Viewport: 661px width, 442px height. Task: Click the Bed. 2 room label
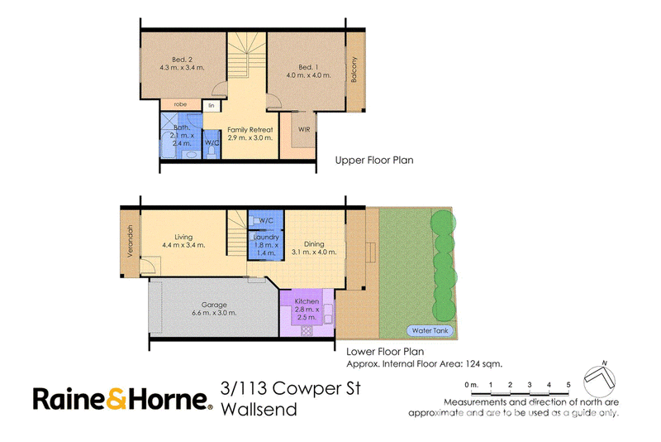182,60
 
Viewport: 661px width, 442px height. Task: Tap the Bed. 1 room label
308,67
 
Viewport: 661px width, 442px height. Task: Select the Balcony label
354,70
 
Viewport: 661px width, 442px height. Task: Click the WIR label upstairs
304,129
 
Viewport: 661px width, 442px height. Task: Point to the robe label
180,104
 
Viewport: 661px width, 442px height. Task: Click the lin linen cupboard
212,106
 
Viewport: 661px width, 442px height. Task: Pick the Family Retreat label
250,130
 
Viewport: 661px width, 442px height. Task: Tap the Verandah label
131,241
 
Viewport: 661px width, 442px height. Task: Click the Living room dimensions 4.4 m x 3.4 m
183,245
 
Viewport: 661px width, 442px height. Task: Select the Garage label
214,305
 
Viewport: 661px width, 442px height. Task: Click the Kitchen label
307,301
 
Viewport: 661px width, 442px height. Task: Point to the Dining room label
314,244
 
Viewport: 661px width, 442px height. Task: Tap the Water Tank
430,330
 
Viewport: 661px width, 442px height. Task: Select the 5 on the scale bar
568,385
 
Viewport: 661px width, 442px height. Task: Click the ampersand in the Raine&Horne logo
116,399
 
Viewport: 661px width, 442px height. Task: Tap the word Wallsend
259,410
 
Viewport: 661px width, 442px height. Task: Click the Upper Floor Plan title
374,161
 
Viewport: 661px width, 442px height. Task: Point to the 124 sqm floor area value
483,364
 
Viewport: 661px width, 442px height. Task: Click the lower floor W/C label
265,220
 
